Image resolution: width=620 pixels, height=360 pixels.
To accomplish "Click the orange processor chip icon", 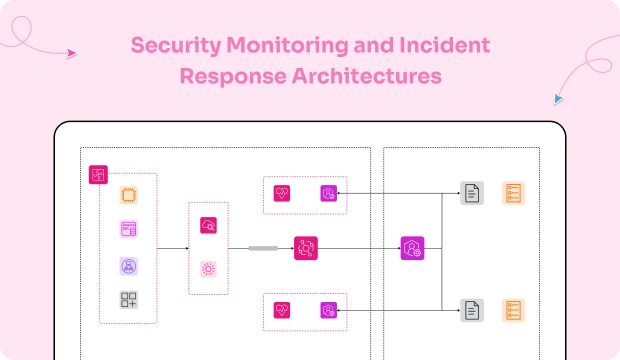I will coord(128,195).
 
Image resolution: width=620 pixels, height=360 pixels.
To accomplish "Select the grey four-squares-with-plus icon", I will coord(128,300).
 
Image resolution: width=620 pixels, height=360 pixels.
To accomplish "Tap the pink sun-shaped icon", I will coord(208,268).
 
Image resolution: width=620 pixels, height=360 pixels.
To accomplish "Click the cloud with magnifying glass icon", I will coord(208,226).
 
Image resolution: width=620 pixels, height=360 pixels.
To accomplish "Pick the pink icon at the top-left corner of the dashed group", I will coord(98,174).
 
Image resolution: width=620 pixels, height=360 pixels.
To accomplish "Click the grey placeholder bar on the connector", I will coord(263,248).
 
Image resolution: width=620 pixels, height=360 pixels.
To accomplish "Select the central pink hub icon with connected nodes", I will coord(305,248).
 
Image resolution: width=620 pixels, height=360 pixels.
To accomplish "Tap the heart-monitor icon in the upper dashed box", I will coord(282,194).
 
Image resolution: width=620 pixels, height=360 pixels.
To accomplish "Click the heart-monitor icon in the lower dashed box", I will coord(282,310).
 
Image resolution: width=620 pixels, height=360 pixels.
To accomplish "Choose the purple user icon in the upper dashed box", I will coord(328,194).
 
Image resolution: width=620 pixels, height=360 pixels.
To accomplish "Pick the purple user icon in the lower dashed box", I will coord(328,310).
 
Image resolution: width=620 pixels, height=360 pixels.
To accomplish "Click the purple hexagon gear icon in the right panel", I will coord(412,249).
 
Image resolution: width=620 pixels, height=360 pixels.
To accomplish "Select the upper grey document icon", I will coord(472,194).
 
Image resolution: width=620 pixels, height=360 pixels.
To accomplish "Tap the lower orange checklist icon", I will coord(513,310).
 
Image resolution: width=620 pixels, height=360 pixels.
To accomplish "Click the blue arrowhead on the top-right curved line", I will coord(558,99).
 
